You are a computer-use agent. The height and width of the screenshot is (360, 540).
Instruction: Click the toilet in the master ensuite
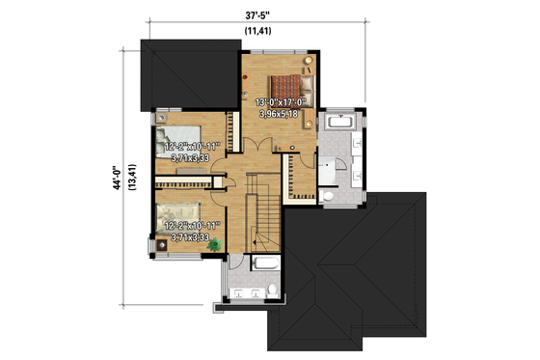coord(328,196)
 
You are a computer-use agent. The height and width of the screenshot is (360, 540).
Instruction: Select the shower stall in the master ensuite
coord(332,171)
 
